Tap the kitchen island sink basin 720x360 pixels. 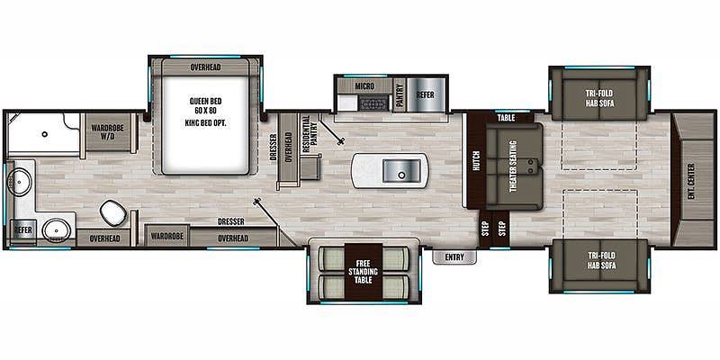401,171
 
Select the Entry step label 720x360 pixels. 454,257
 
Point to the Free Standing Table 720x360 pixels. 363,272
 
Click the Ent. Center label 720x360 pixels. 691,182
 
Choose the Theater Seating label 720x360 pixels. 513,166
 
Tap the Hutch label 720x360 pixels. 476,161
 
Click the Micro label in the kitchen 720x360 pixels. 364,85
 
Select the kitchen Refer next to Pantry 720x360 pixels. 425,94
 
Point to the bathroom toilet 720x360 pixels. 113,212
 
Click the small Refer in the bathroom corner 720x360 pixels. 22,229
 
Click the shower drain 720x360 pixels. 44,134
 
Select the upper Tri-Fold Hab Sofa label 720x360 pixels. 599,98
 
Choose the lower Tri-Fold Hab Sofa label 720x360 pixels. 599,260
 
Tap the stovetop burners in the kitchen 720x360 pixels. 374,104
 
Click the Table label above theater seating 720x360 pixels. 506,118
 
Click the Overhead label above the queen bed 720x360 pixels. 205,67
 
